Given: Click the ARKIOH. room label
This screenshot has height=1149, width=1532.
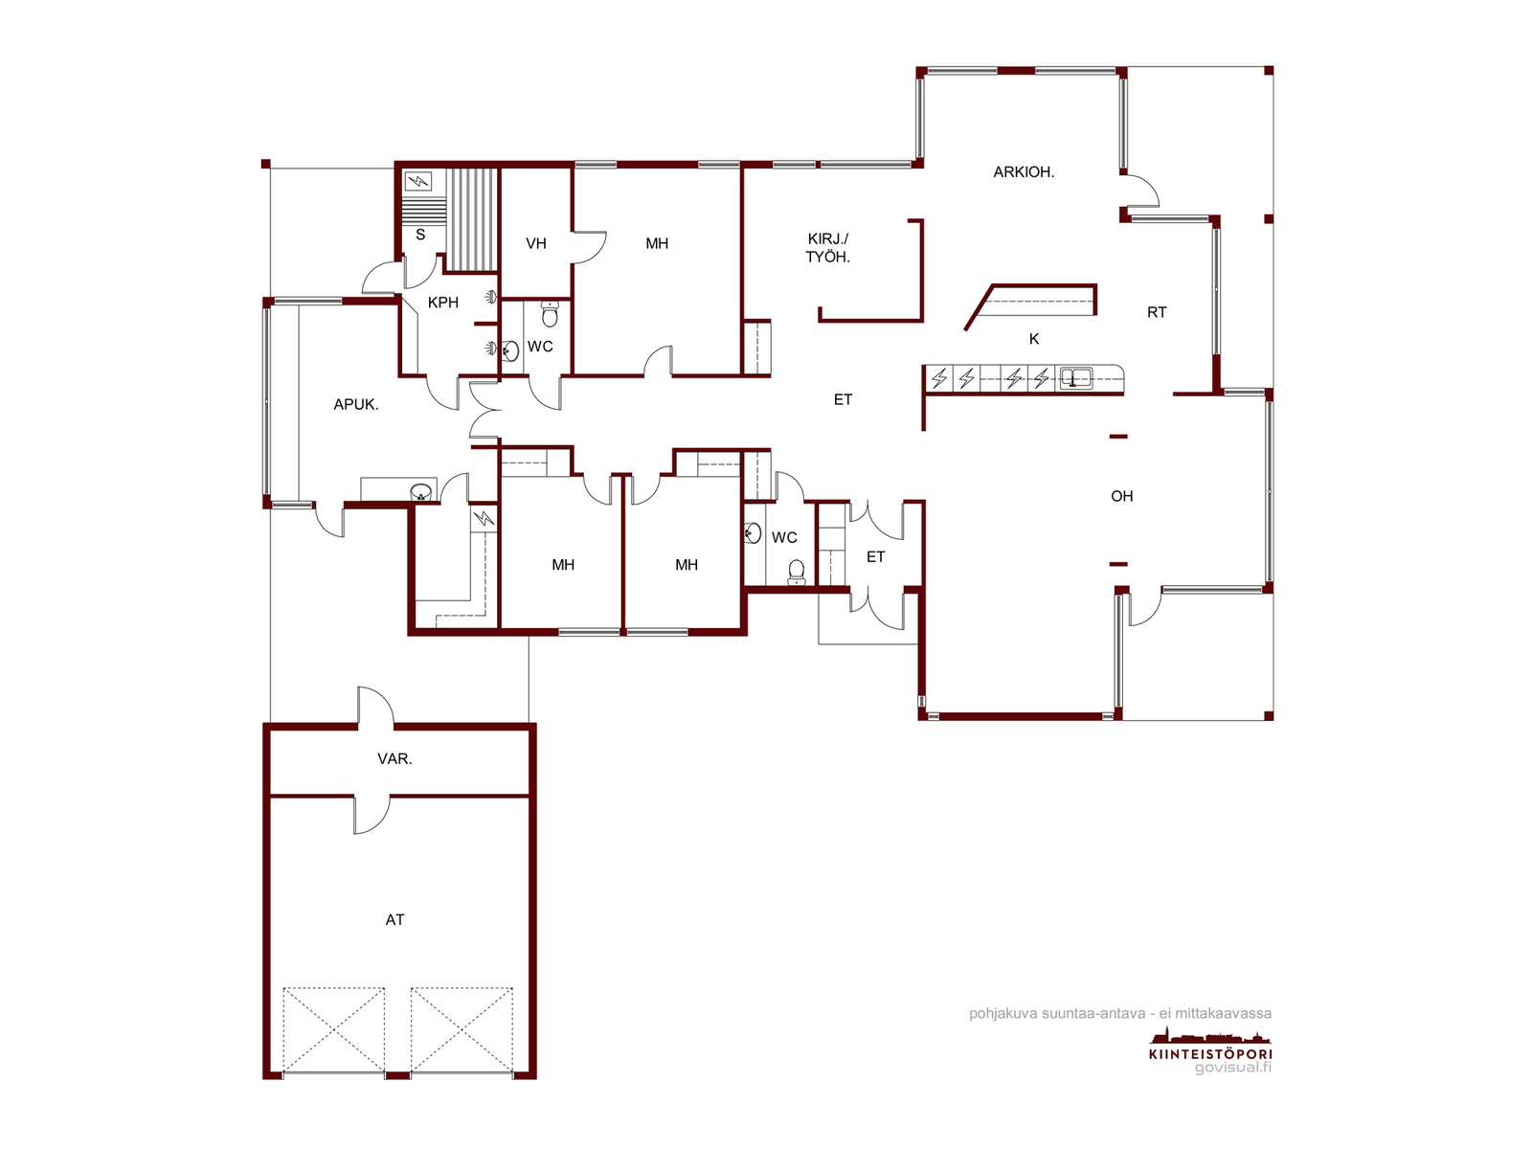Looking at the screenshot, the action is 1024,171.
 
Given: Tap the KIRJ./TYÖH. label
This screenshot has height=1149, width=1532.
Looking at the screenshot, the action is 828,248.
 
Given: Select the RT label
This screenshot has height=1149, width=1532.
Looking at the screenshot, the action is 1157,312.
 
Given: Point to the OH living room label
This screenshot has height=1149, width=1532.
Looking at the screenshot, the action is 1121,496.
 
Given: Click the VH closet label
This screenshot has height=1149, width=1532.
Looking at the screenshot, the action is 536,243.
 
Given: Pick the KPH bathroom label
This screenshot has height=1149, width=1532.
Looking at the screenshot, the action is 443,302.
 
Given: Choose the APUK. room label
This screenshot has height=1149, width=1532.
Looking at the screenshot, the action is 356,405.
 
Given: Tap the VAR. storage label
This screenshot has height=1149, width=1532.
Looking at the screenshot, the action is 395,759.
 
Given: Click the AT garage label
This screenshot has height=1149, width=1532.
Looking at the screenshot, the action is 395,920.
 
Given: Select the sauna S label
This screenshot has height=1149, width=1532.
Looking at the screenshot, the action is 420,236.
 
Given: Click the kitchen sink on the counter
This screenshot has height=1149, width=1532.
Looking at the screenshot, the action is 1075,378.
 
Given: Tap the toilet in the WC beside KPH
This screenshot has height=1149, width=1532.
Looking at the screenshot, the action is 550,314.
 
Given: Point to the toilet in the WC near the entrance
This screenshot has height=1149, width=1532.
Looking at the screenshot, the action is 797,573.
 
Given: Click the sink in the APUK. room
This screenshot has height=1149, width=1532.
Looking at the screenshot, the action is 420,492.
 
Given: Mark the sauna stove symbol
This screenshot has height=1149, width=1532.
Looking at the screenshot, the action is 418,181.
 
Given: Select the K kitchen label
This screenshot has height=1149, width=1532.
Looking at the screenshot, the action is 1034,339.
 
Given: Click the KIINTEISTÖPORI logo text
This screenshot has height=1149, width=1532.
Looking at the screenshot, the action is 1210,1054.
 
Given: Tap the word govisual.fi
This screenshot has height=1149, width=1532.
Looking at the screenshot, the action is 1232,1068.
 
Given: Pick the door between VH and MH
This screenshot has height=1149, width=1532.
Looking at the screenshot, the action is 589,247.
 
